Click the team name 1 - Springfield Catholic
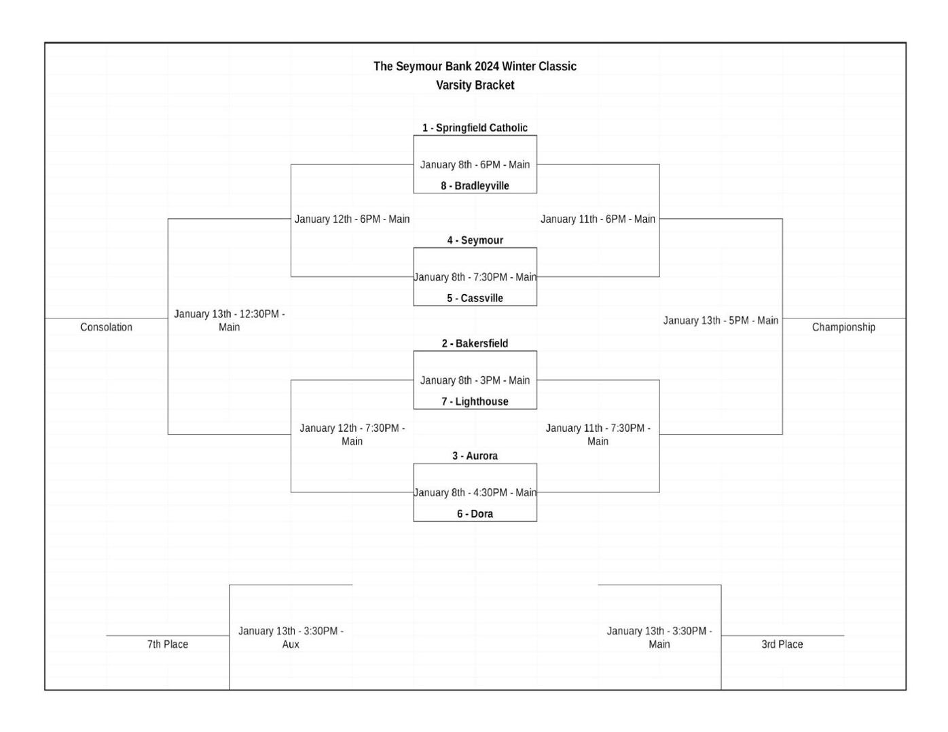(475, 128)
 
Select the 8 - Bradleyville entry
(475, 185)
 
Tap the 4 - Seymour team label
(475, 240)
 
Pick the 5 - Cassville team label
(475, 298)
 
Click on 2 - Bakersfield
(475, 344)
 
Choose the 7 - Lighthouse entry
(475, 401)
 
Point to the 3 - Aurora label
(475, 456)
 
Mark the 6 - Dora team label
(475, 514)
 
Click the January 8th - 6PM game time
(475, 164)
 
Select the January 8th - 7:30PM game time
(475, 277)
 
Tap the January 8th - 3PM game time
(475, 380)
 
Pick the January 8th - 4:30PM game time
(475, 492)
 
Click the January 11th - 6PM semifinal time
(598, 219)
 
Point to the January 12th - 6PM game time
(352, 219)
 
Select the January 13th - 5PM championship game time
(721, 321)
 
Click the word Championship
(843, 327)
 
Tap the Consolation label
(106, 327)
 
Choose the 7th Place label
(168, 644)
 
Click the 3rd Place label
(782, 644)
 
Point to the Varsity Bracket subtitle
(475, 85)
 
